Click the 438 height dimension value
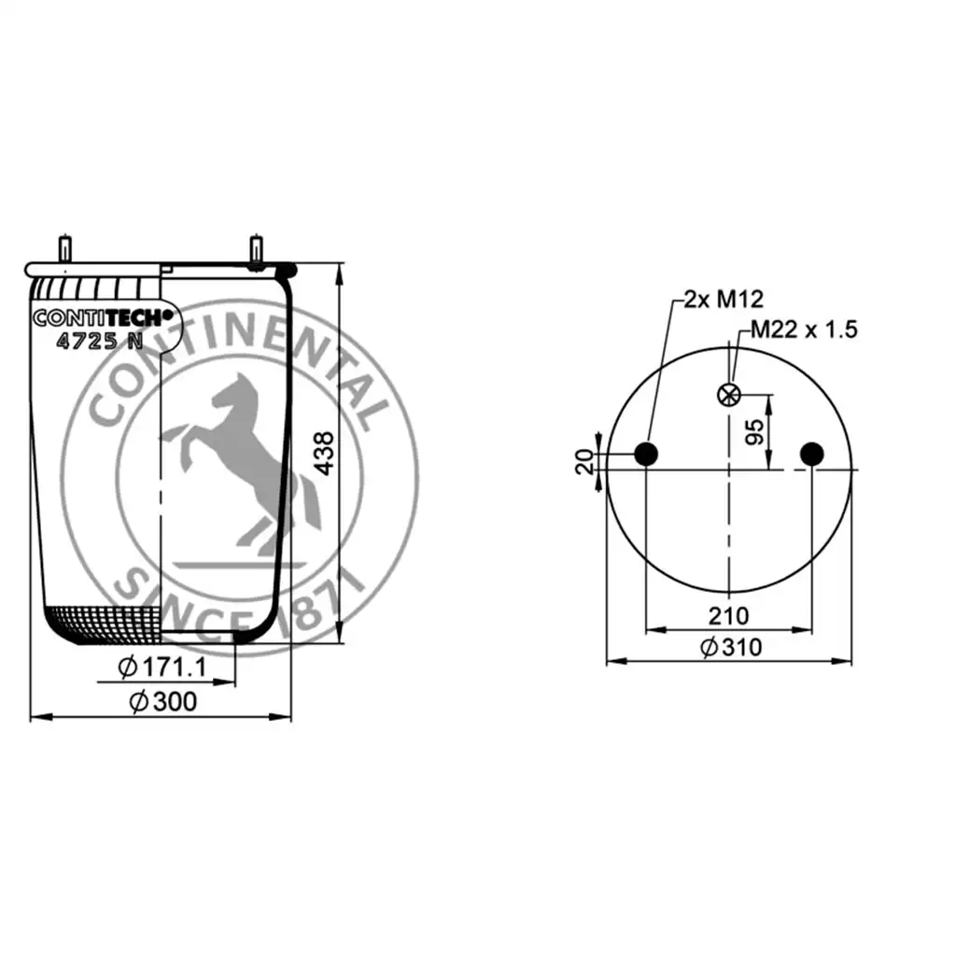(325, 453)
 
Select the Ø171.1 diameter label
(162, 667)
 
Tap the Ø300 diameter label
(163, 701)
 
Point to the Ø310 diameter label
(731, 647)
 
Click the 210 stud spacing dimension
(728, 616)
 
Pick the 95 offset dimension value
(754, 431)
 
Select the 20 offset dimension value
(584, 461)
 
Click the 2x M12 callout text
(724, 299)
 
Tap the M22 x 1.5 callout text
(804, 330)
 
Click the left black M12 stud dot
(646, 454)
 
